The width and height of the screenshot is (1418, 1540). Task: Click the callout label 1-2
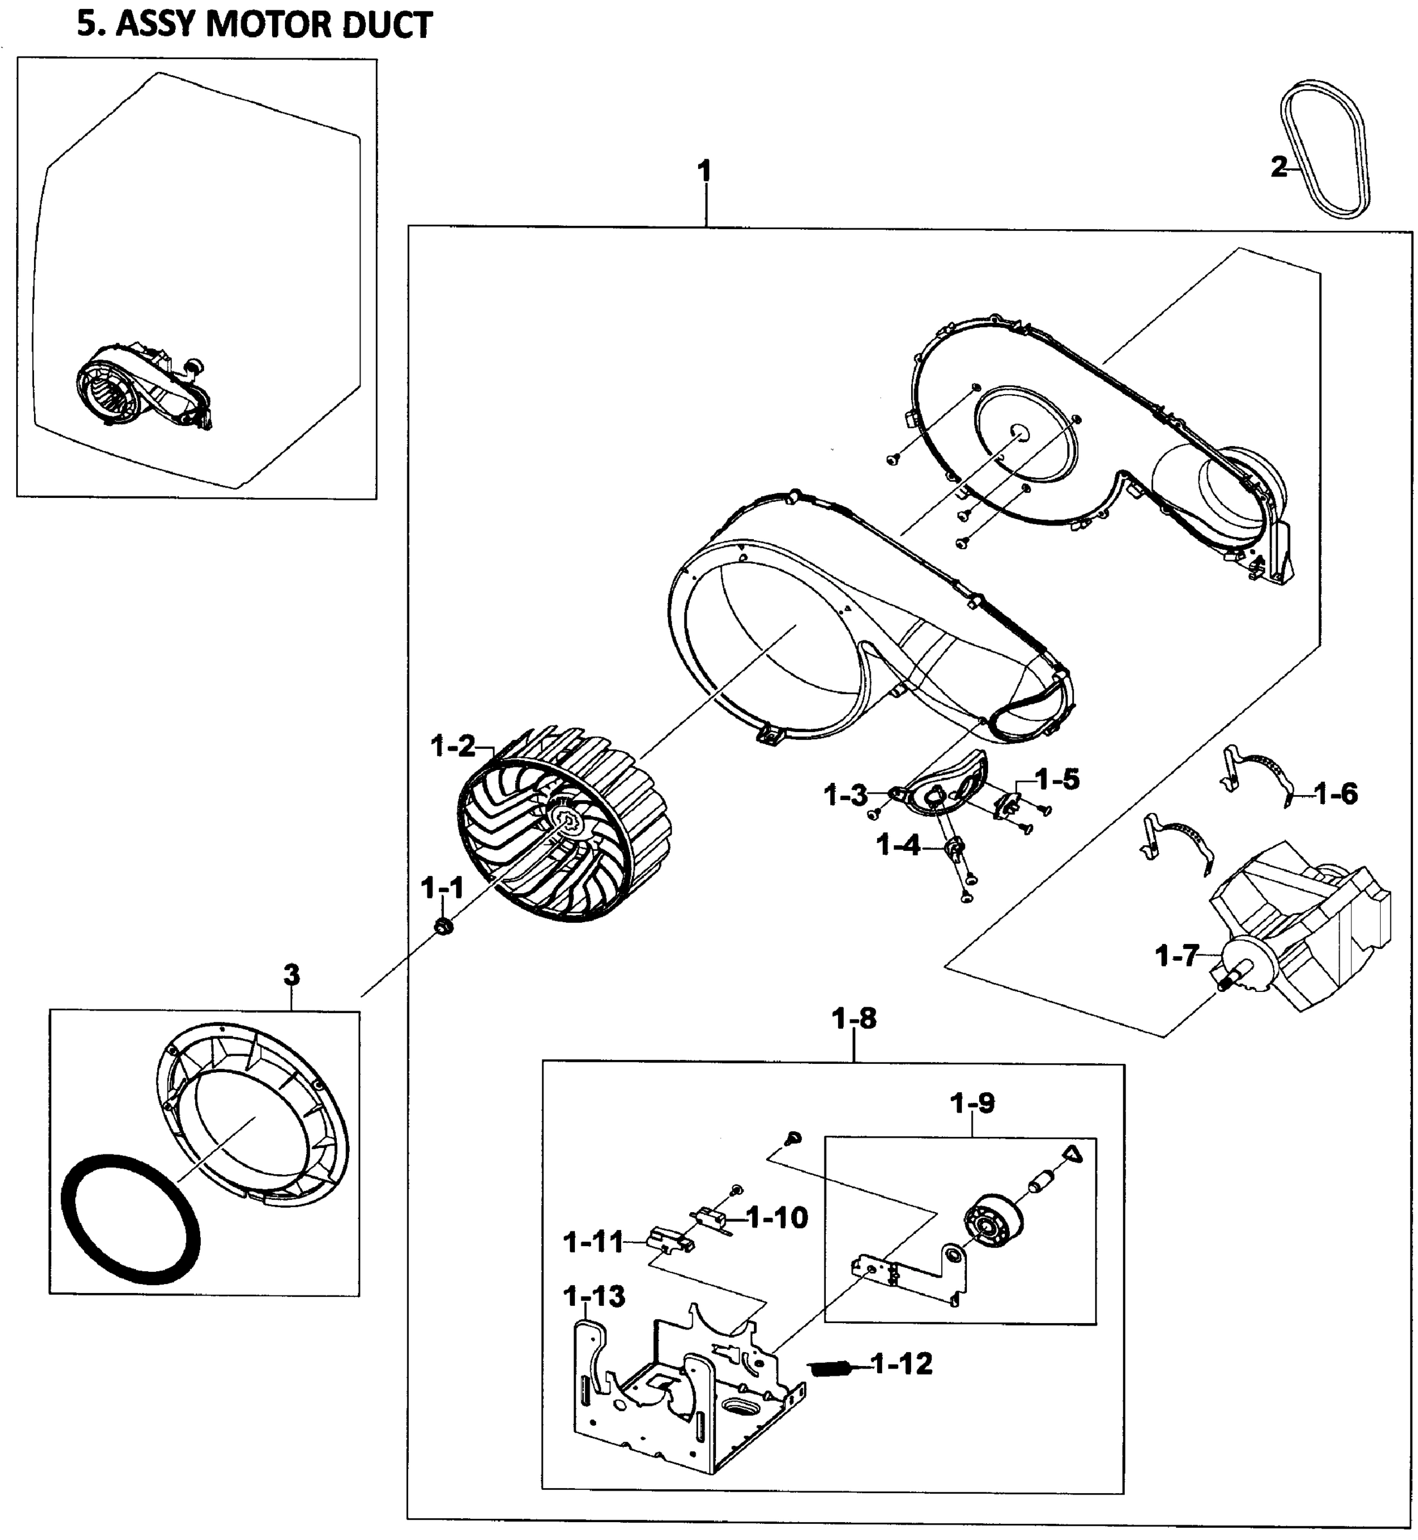click(454, 746)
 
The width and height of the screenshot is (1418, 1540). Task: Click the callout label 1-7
click(1176, 956)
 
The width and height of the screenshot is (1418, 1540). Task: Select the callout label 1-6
click(1336, 793)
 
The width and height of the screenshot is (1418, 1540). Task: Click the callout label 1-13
click(594, 1296)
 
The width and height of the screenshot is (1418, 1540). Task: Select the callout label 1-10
click(777, 1217)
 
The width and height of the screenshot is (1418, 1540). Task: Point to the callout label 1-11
click(593, 1242)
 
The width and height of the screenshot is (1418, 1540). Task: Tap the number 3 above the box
click(291, 975)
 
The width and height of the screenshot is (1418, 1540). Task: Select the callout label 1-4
click(898, 846)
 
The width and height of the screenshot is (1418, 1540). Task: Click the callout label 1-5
click(1057, 780)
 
